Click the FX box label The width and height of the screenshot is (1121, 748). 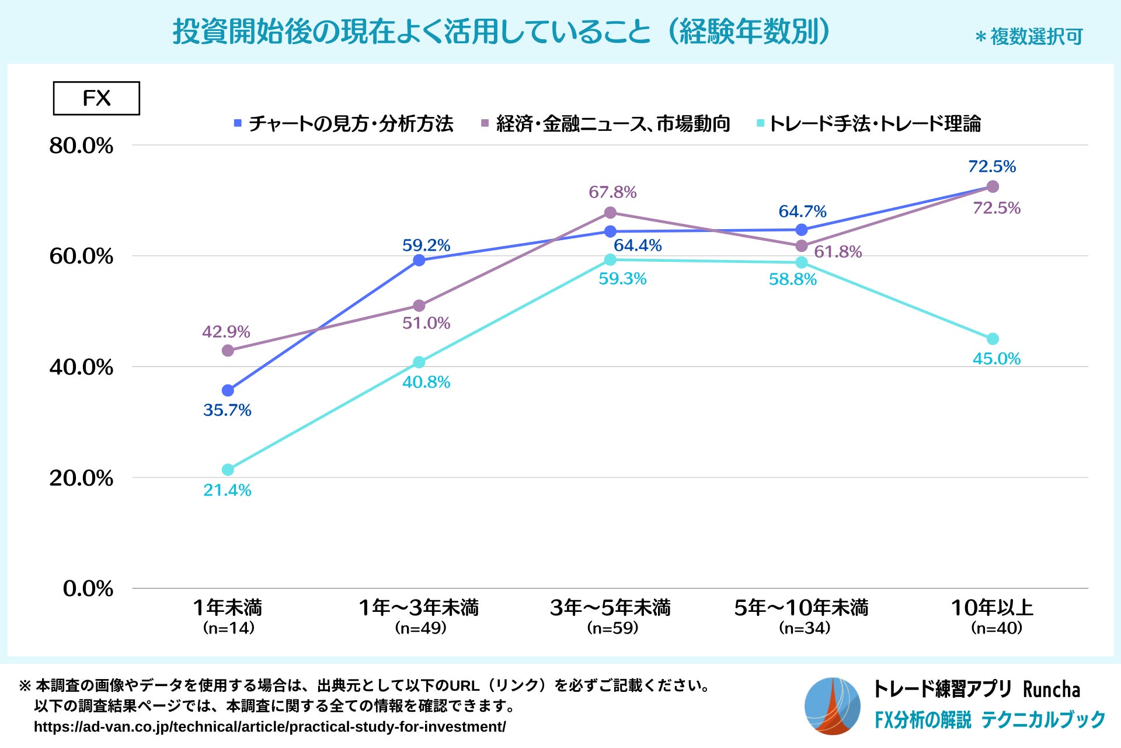(96, 98)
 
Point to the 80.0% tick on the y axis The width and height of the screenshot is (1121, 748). (81, 146)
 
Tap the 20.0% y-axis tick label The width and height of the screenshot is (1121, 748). (81, 478)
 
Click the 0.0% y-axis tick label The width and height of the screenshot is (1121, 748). (88, 588)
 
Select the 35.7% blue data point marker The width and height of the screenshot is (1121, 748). (228, 390)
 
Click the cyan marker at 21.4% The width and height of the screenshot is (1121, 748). (228, 470)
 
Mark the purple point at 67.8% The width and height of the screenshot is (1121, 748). (610, 213)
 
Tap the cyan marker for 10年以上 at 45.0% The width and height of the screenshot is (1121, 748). (993, 339)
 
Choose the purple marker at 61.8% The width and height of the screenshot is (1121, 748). (802, 246)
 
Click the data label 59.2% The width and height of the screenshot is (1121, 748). (426, 245)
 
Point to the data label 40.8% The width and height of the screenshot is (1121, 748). (426, 382)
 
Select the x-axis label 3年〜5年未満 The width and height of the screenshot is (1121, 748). (610, 608)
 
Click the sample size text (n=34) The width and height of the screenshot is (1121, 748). (805, 628)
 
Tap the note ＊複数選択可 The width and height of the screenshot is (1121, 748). (1029, 37)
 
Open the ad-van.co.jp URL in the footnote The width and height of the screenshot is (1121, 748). (270, 727)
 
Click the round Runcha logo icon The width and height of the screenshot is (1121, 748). (832, 706)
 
